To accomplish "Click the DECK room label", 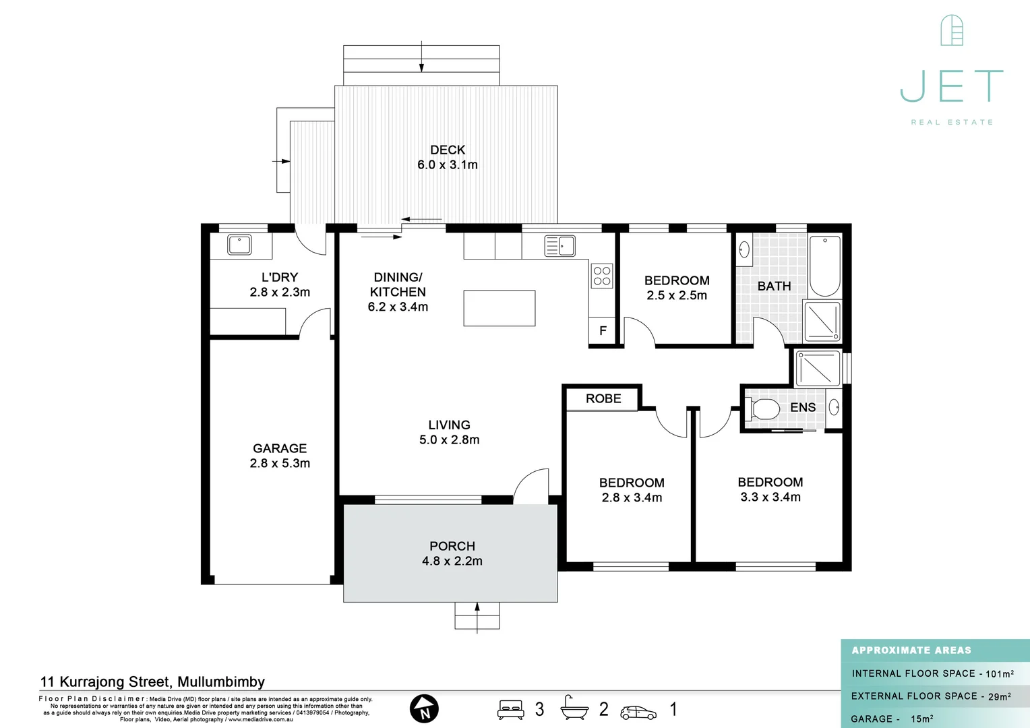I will [x=448, y=150].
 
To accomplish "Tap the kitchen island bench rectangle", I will [x=499, y=308].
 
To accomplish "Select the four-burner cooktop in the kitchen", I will [x=602, y=276].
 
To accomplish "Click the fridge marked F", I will [x=603, y=331].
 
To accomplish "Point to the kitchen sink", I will [x=560, y=246].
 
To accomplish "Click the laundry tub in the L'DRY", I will [x=239, y=245].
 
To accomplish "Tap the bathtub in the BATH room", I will [x=824, y=266].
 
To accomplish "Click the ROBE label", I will [x=603, y=398].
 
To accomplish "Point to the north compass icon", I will [x=424, y=709].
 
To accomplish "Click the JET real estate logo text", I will [x=952, y=86].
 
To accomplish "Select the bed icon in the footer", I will [x=511, y=710].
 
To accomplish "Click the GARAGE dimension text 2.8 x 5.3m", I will [x=280, y=463].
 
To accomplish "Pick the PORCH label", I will [x=452, y=546].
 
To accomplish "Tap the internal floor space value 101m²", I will [x=999, y=673].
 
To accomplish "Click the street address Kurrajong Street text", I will [x=152, y=681].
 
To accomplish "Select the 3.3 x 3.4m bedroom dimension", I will [x=770, y=497].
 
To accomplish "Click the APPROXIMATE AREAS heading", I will [x=911, y=650].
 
